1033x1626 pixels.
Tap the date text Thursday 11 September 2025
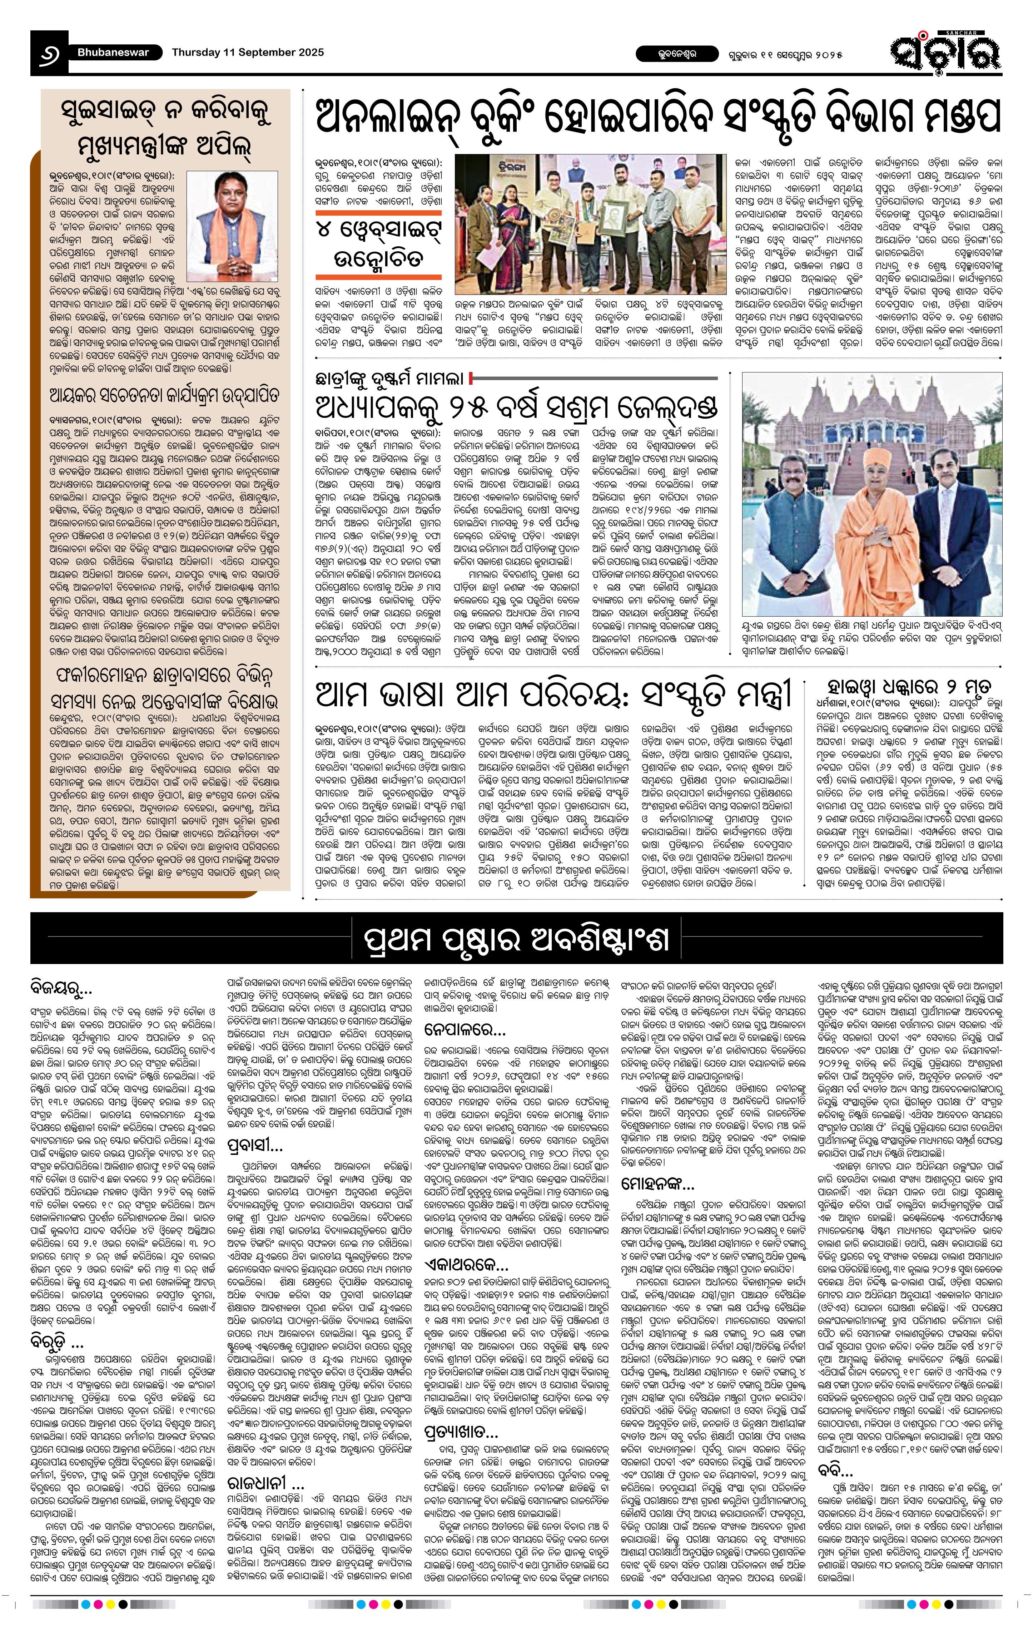[x=247, y=53]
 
